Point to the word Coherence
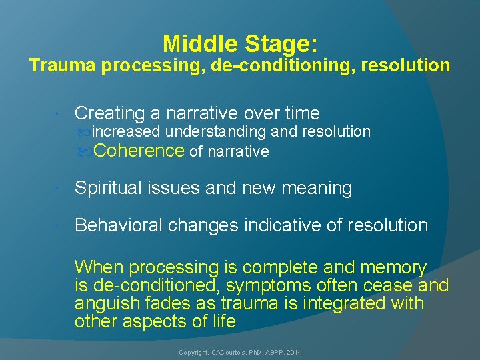coord(139,151)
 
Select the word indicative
coord(282,225)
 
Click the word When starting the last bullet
coord(99,268)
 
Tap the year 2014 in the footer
coord(295,351)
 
